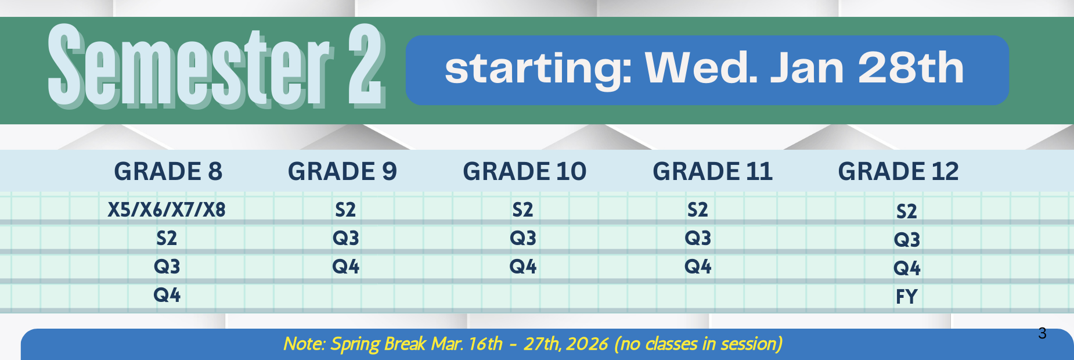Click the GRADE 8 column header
(168, 171)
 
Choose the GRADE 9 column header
(343, 171)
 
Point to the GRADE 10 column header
(525, 171)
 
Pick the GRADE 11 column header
(712, 171)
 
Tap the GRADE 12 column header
(898, 171)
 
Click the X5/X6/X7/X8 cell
(167, 210)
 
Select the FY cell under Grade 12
(906, 297)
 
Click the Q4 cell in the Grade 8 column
(167, 295)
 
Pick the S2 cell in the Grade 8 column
(167, 238)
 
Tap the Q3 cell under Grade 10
(523, 238)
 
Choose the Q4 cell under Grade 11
(698, 267)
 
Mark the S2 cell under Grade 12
(907, 211)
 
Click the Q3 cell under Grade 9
(345, 238)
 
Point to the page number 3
(1042, 333)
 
